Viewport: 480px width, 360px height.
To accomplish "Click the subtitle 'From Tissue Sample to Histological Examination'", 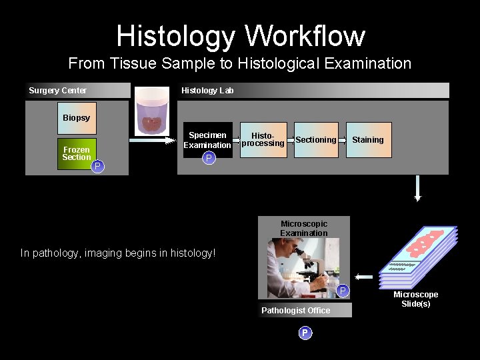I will pos(240,64).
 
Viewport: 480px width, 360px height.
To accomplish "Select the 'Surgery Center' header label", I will pos(58,91).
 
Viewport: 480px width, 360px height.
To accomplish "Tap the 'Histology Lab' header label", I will pos(207,91).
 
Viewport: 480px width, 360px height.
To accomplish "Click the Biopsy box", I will pos(77,118).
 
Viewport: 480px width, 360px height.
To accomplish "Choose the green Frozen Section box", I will pos(77,153).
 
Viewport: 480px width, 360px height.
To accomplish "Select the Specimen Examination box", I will pos(207,140).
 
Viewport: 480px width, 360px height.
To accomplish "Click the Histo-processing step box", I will pos(263,140).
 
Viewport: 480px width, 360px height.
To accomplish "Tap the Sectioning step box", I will pos(316,140).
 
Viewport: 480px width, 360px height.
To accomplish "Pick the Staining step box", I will pos(368,140).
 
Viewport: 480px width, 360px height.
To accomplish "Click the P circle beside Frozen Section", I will pos(98,166).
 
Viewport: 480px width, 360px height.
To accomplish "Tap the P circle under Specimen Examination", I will pos(209,158).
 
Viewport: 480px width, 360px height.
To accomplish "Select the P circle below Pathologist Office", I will pos(305,333).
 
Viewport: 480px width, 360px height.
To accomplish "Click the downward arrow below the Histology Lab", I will pos(418,189).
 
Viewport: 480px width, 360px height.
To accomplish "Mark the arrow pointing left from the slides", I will pos(364,276).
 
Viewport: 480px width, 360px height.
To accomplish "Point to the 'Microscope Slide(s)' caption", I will pos(416,299).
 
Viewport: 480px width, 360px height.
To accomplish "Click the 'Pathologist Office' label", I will pos(295,311).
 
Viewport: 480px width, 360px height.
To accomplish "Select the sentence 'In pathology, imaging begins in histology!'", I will pos(118,253).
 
